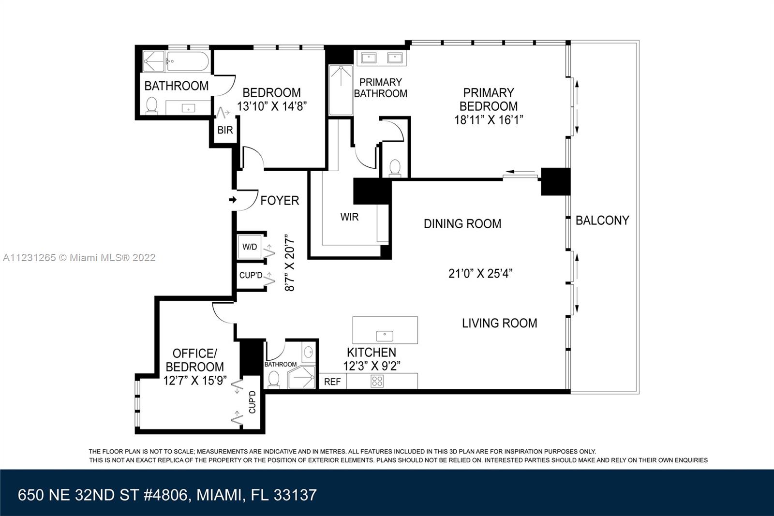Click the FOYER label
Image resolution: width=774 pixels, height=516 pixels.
tap(280, 200)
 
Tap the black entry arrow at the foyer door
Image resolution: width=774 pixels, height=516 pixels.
tap(233, 200)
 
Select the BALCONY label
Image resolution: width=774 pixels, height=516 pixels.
tap(602, 221)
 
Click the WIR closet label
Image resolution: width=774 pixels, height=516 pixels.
tap(349, 217)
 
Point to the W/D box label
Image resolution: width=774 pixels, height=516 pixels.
tap(250, 247)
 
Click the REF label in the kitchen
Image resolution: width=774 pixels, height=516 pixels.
tap(332, 382)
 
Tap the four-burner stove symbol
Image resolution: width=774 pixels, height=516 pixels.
tap(377, 381)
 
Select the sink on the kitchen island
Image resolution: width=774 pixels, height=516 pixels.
tap(385, 336)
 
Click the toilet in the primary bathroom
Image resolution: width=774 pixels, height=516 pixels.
tap(395, 168)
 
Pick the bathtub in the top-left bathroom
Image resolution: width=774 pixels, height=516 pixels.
tap(188, 61)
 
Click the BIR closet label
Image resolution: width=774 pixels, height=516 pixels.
tap(225, 130)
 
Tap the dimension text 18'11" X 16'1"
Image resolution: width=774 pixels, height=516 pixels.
tap(488, 120)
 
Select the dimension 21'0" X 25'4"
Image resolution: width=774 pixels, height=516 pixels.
tap(480, 274)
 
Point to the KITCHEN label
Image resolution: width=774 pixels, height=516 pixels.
tap(372, 352)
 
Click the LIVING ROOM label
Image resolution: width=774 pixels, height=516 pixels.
tap(500, 323)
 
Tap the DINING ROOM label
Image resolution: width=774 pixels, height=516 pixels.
tap(462, 224)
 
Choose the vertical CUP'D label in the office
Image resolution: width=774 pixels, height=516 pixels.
tap(252, 402)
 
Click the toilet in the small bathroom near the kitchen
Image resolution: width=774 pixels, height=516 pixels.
tap(274, 379)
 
